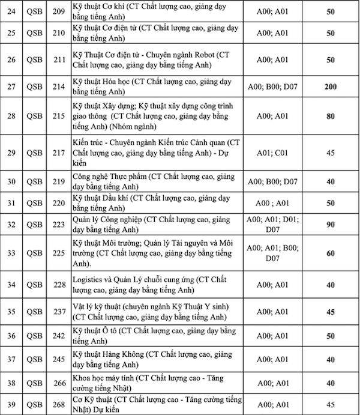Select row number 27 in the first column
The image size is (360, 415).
pos(12,86)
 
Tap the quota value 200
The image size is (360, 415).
pos(331,86)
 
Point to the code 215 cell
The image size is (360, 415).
pos(59,117)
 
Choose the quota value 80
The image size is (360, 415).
pos(331,117)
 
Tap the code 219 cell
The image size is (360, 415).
pos(59,182)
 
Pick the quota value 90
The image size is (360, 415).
pos(331,225)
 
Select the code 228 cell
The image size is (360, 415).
pos(59,284)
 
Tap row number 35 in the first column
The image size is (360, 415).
pos(12,312)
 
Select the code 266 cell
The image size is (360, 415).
pos(59,383)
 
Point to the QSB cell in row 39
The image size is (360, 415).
pos(35,404)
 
